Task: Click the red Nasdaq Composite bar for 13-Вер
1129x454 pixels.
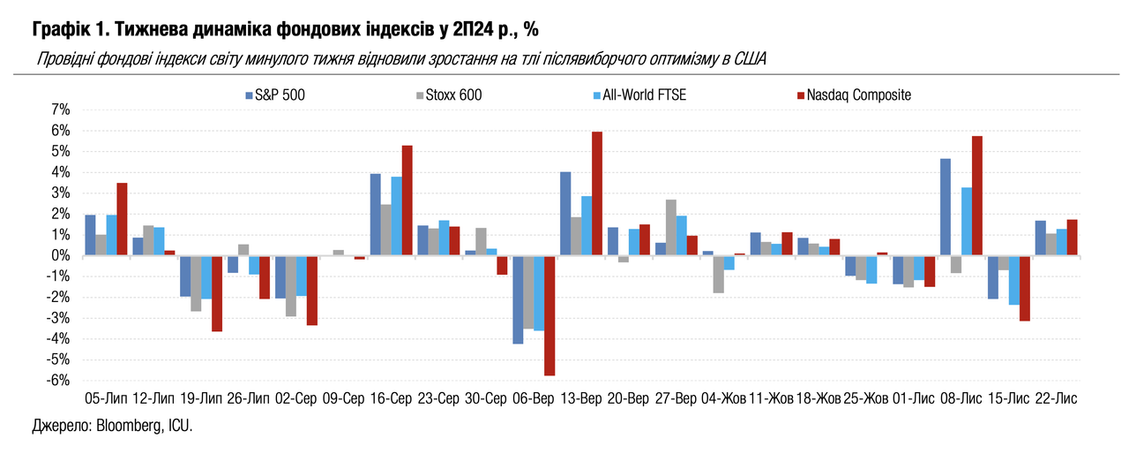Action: tap(597, 193)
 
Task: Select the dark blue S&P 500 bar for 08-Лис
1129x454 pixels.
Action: tap(945, 207)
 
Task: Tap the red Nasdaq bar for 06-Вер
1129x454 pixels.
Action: tap(550, 315)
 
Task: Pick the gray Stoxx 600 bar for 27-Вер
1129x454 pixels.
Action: tap(671, 227)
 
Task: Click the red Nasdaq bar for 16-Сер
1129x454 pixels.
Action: tap(407, 201)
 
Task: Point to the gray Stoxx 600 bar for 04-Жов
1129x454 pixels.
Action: tap(719, 274)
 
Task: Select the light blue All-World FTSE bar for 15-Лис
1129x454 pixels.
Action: tap(1014, 280)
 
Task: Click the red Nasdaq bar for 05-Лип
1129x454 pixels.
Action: tap(122, 219)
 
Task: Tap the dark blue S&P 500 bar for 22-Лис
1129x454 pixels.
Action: tap(1041, 238)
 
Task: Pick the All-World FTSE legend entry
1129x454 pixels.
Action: tap(645, 95)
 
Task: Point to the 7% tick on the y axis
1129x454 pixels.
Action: tap(60, 110)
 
